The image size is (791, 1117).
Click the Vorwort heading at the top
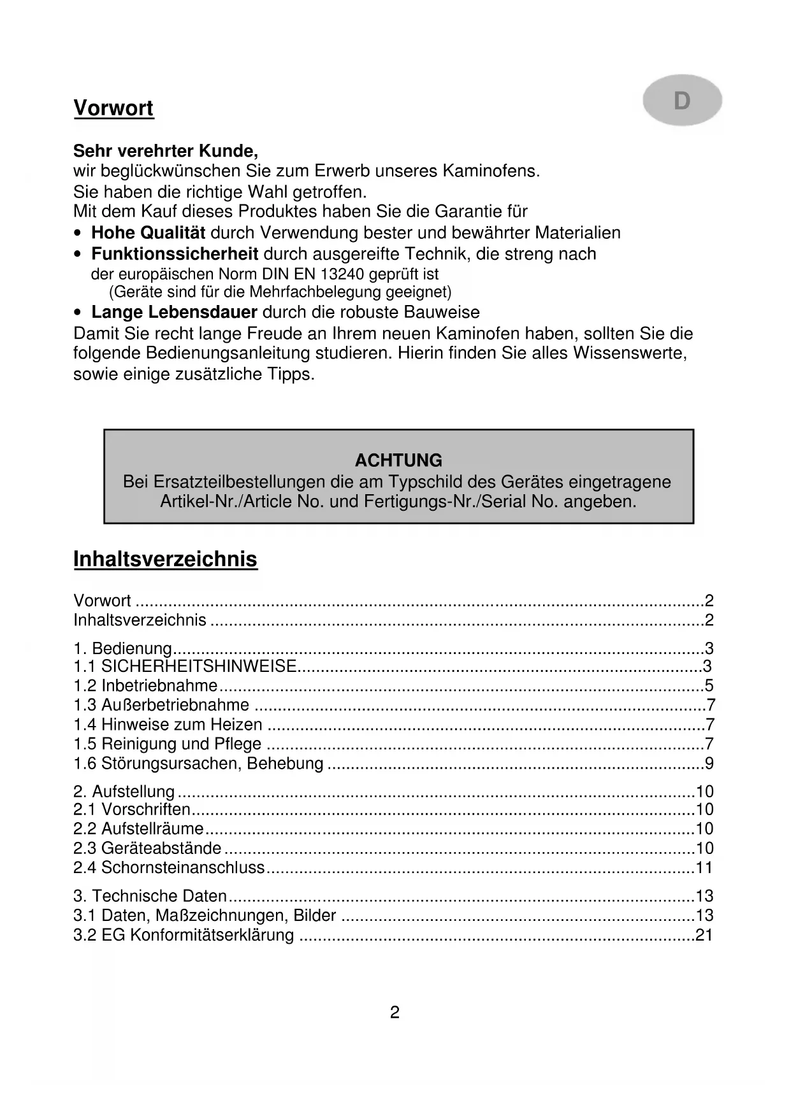click(113, 108)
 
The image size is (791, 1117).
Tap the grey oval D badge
click(682, 101)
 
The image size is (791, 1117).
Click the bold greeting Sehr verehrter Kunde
click(166, 152)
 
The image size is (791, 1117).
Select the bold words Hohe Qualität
click(149, 233)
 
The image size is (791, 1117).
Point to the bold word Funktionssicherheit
click(175, 254)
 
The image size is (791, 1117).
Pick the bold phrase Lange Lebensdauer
click(174, 313)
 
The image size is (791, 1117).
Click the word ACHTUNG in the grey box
click(398, 460)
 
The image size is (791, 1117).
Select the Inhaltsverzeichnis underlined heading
click(166, 559)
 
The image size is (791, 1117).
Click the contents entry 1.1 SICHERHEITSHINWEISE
click(185, 667)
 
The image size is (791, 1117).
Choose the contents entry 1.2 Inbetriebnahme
click(146, 686)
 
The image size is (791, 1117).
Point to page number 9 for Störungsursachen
click(709, 764)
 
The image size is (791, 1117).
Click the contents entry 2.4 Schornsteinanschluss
click(169, 867)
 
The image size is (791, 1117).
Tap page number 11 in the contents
click(704, 867)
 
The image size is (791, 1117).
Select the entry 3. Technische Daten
click(150, 896)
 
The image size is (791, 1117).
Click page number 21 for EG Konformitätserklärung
click(704, 936)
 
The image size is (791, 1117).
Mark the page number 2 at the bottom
click(395, 1013)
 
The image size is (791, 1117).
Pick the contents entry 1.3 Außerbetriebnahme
click(161, 706)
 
